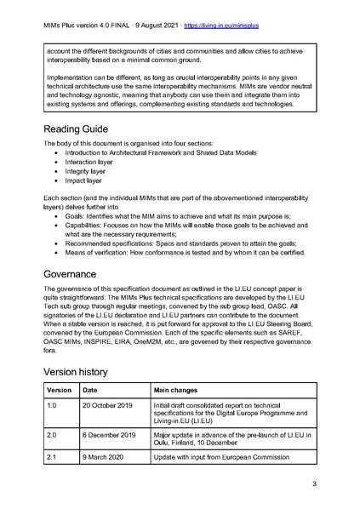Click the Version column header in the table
[60, 389]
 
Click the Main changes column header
[184, 389]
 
